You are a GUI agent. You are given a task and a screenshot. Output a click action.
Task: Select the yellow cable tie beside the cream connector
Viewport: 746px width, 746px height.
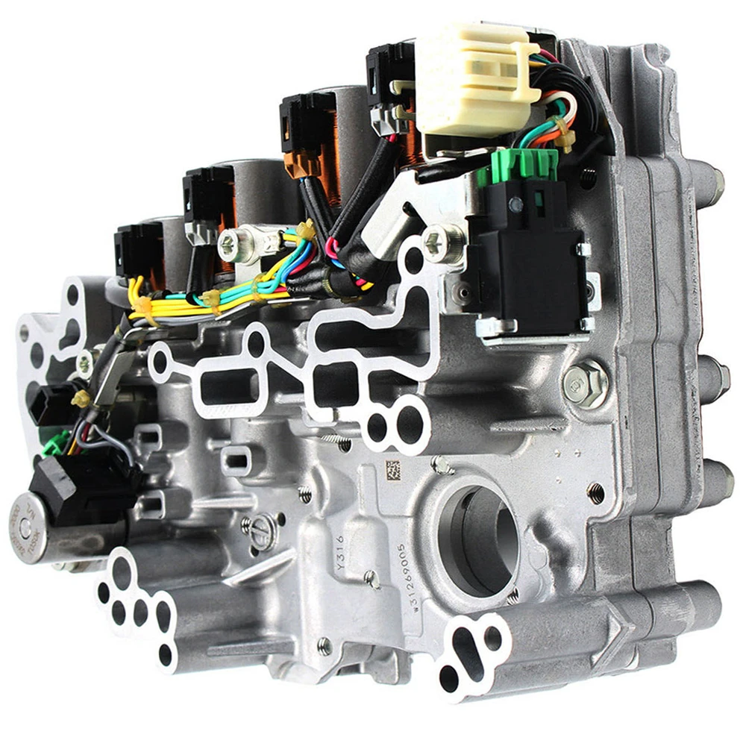(565, 138)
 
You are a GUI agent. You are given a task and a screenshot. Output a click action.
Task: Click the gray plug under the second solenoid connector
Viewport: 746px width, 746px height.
(201, 232)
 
